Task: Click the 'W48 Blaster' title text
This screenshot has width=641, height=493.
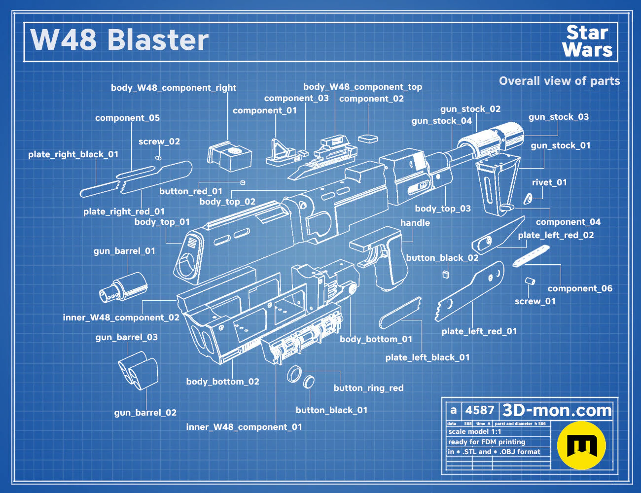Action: [119, 40]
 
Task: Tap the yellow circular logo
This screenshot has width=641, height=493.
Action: [581, 445]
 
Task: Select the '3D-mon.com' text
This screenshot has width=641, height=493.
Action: [557, 410]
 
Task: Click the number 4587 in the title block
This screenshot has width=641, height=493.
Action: [479, 410]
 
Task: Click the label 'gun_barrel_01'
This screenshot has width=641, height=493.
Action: [124, 251]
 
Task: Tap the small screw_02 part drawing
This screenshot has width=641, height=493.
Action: [158, 158]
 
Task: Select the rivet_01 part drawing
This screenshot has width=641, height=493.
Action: [528, 199]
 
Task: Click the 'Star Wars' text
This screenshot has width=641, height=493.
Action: [587, 41]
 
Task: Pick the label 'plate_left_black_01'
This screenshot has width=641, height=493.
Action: [427, 357]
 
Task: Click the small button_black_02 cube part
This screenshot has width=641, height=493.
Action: [446, 274]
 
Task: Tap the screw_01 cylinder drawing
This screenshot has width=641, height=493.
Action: [530, 281]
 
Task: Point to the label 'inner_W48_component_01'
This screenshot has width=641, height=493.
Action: [244, 427]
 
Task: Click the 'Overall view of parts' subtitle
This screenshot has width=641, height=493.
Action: [559, 81]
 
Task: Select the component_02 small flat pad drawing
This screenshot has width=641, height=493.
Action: [368, 139]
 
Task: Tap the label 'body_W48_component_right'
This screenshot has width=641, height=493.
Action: [174, 88]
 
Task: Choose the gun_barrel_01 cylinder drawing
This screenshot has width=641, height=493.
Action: [123, 287]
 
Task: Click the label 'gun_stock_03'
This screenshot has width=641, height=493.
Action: [558, 117]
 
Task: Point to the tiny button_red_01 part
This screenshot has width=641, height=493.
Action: [243, 183]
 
